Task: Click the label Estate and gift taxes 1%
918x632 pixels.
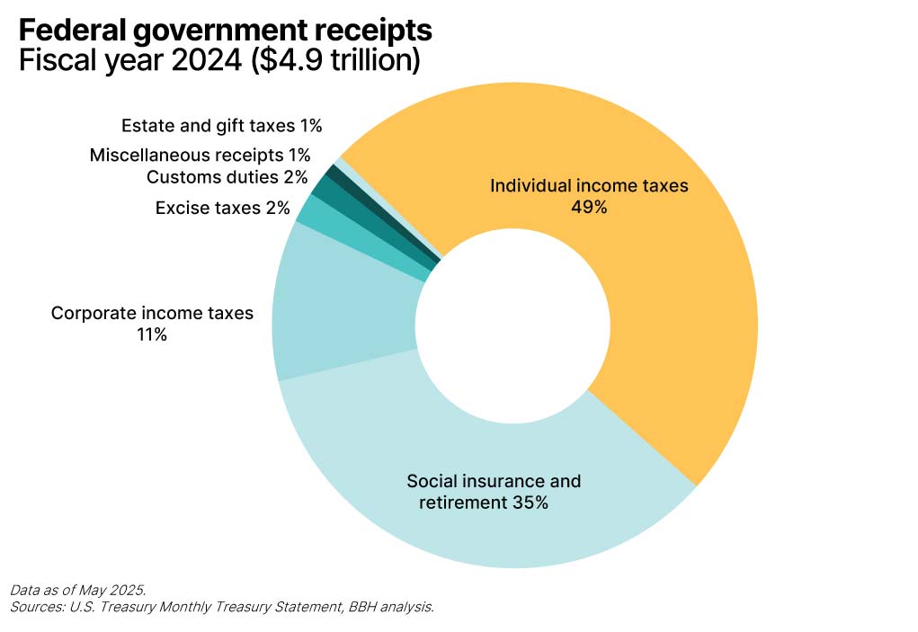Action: tap(221, 126)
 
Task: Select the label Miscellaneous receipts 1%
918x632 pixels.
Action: tap(200, 156)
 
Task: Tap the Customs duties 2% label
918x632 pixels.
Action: tap(227, 177)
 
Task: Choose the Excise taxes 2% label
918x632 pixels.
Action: tap(222, 209)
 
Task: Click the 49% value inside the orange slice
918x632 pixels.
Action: tap(589, 208)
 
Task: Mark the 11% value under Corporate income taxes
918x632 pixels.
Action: tap(150, 335)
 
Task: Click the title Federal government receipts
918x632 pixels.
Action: tap(225, 30)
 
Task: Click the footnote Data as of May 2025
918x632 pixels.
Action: tap(77, 591)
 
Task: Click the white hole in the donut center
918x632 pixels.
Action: tap(513, 324)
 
